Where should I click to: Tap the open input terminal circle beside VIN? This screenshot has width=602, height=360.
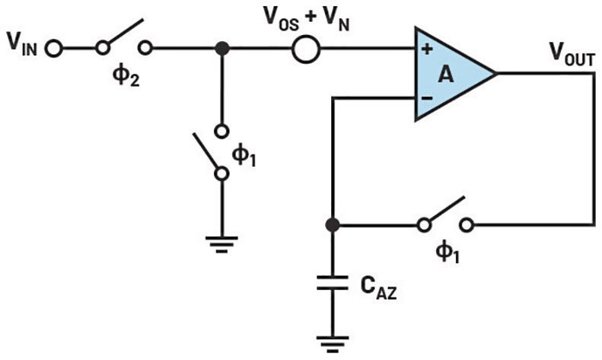(54, 49)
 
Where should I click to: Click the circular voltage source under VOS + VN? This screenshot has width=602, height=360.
(306, 49)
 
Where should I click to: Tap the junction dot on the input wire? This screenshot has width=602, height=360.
(221, 49)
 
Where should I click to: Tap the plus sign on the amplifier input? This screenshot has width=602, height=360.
(426, 49)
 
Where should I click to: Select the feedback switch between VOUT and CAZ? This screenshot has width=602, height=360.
(444, 217)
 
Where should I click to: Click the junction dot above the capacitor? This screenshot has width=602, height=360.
(332, 225)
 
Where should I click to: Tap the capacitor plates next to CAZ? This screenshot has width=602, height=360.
(332, 284)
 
